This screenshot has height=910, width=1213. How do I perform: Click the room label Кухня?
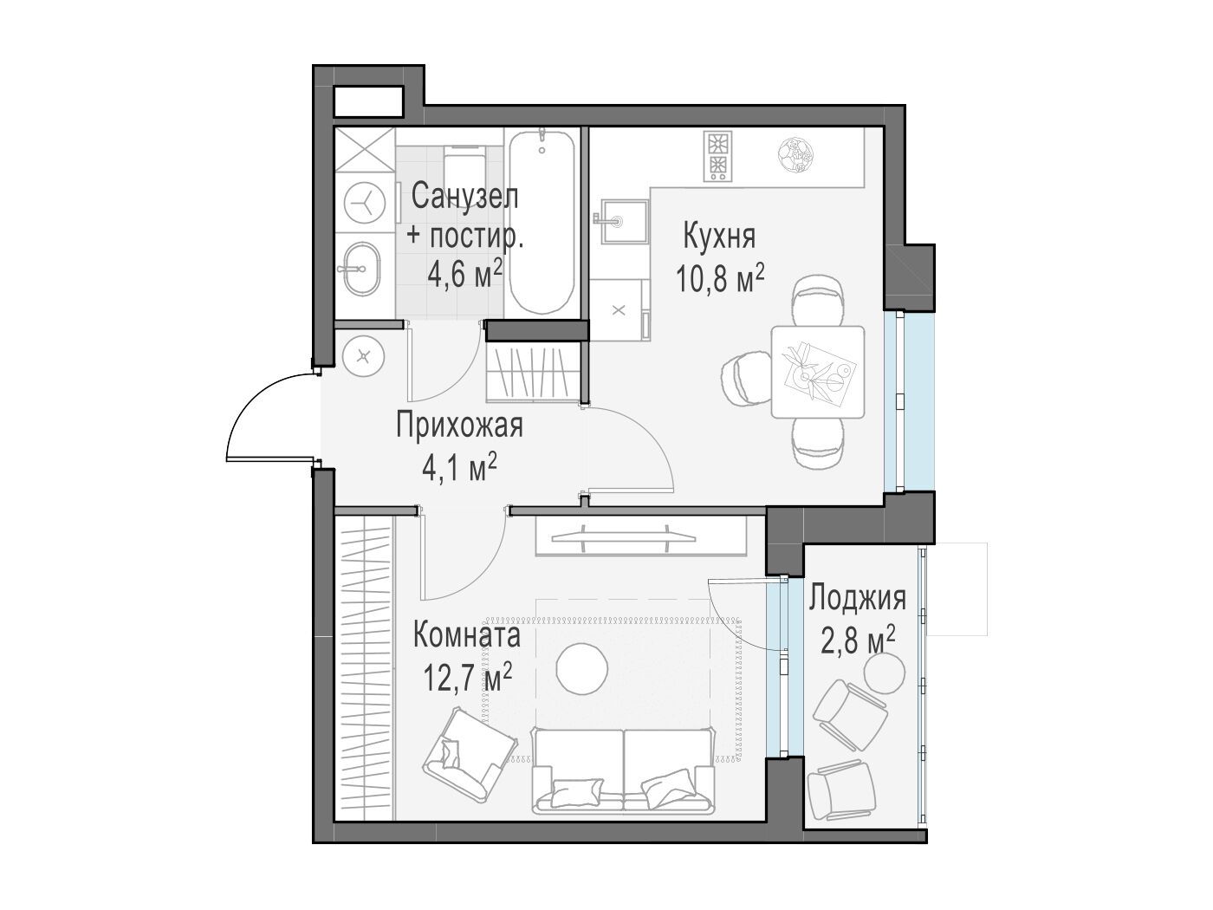pyautogui.click(x=719, y=236)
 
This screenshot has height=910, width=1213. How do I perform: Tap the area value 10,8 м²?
pyautogui.click(x=719, y=278)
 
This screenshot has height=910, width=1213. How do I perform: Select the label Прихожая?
pyautogui.click(x=459, y=426)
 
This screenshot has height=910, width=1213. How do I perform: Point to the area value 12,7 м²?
pyautogui.click(x=467, y=677)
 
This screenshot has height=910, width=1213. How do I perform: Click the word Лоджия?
pyautogui.click(x=857, y=598)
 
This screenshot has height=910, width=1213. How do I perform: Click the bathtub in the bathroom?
pyautogui.click(x=542, y=222)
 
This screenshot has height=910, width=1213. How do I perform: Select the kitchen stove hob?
pyautogui.click(x=718, y=156)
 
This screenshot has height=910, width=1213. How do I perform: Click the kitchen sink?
pyautogui.click(x=622, y=222)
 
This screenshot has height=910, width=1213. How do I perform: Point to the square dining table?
pyautogui.click(x=818, y=372)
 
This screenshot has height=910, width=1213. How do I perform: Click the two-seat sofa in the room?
pyautogui.click(x=623, y=770)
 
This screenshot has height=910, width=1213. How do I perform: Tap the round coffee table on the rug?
pyautogui.click(x=582, y=669)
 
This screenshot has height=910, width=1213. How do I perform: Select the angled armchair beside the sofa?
pyautogui.click(x=470, y=755)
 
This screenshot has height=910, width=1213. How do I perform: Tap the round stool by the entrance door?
pyautogui.click(x=363, y=357)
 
